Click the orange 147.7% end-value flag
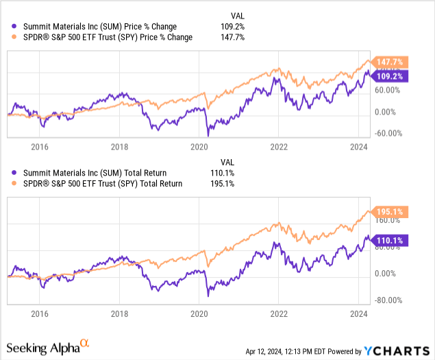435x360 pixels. pyautogui.click(x=392, y=61)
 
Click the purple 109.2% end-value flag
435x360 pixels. pyautogui.click(x=392, y=77)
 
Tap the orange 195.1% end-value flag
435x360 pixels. pyautogui.click(x=392, y=212)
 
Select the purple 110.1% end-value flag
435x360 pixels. pyautogui.click(x=392, y=241)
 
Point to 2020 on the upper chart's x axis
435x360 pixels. pyautogui.click(x=199, y=146)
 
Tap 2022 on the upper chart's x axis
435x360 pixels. pyautogui.click(x=279, y=146)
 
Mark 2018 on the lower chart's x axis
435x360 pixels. pyautogui.click(x=120, y=313)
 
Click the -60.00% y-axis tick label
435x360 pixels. pyautogui.click(x=388, y=134)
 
